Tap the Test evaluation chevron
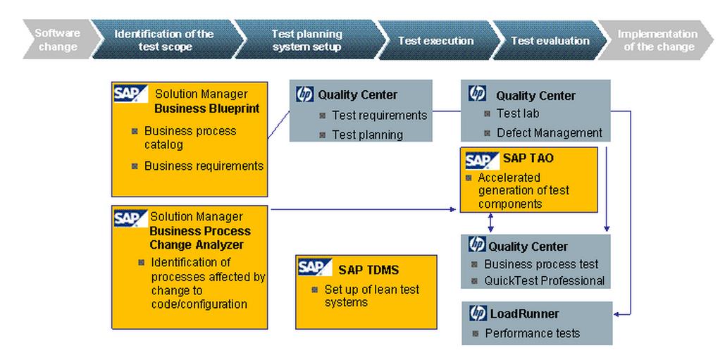(x=550, y=41)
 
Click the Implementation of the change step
(x=657, y=41)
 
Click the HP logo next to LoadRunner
(x=478, y=314)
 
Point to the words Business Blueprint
(x=206, y=108)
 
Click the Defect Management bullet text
(x=550, y=133)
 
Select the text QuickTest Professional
(x=544, y=280)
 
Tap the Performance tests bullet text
(x=532, y=333)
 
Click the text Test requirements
(x=380, y=115)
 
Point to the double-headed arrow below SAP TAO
(x=490, y=223)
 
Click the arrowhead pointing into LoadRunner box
(x=616, y=314)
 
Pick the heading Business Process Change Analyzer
(x=200, y=237)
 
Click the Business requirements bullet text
(x=204, y=166)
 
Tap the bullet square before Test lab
(x=487, y=113)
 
